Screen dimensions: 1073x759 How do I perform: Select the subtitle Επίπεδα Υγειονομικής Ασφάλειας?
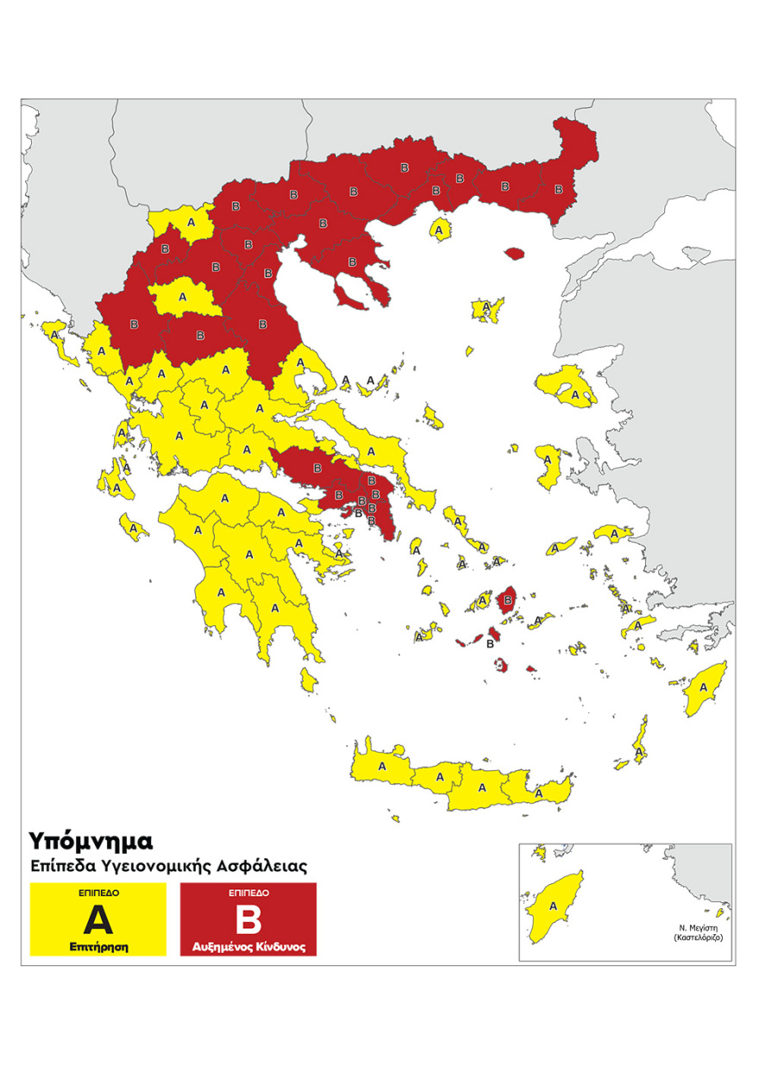[x=169, y=864]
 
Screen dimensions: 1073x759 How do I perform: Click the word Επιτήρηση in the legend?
[x=97, y=946]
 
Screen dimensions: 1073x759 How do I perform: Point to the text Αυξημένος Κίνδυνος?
[x=248, y=947]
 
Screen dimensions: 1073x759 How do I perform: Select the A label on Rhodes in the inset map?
[x=553, y=905]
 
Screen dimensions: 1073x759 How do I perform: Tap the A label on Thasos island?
[x=441, y=231]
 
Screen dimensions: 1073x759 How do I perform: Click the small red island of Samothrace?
[x=515, y=254]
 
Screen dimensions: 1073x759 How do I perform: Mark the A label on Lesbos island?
[x=574, y=394]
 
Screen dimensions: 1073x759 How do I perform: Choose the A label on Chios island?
[x=545, y=459]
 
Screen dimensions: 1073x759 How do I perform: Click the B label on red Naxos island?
[x=508, y=599]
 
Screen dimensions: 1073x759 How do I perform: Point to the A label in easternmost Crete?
[x=538, y=792]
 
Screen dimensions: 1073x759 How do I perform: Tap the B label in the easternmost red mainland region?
[x=558, y=189]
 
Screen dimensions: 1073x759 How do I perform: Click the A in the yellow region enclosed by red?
[x=181, y=297]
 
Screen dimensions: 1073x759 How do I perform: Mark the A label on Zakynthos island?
[x=134, y=526]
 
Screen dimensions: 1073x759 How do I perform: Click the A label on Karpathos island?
[x=638, y=751]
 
